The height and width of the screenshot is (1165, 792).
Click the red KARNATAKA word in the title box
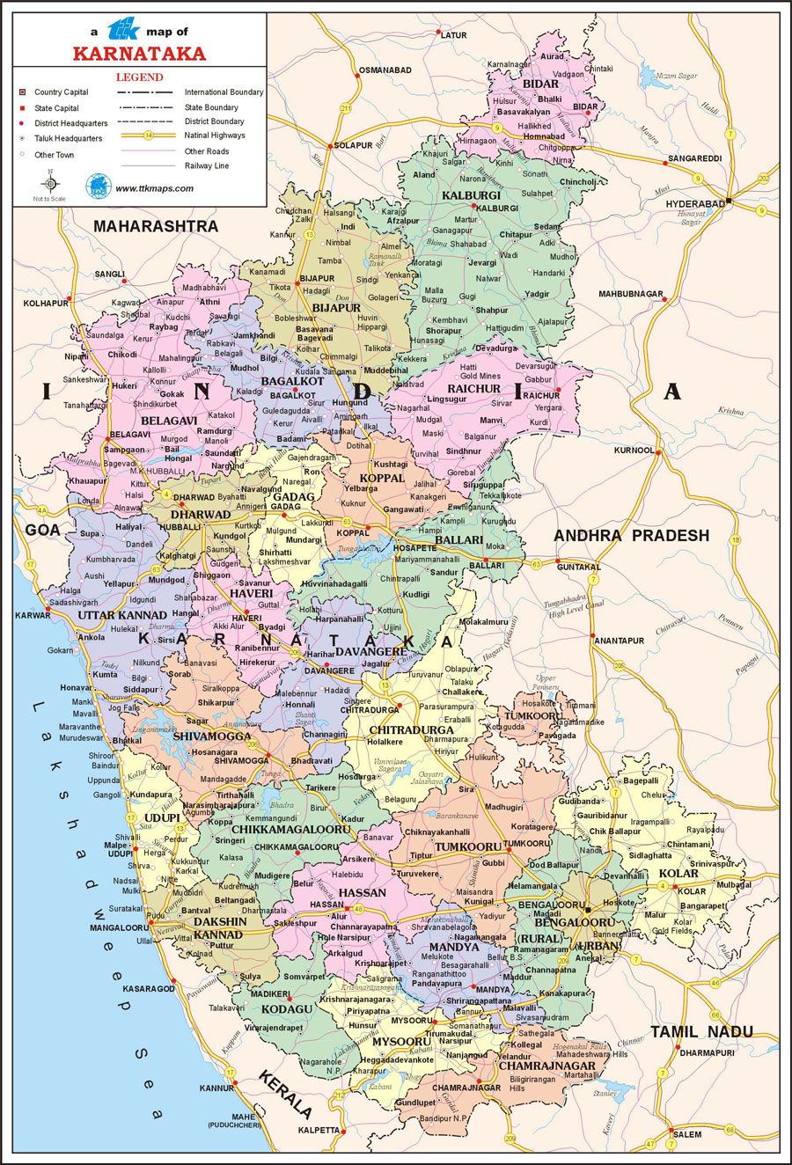tap(139, 54)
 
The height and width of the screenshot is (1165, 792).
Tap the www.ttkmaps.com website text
tap(154, 188)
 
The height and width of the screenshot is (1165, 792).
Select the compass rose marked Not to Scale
tap(50, 184)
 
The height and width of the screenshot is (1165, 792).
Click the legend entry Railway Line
tap(207, 165)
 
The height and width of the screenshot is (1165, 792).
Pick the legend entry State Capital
tap(56, 108)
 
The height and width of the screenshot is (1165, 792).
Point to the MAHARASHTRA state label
tap(156, 226)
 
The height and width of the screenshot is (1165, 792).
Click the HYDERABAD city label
tap(695, 204)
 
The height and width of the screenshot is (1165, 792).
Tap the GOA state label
tap(42, 530)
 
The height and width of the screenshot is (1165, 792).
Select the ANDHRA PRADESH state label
tap(631, 535)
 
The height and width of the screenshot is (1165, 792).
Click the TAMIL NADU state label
tap(701, 1031)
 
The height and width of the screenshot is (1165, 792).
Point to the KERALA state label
tap(284, 1094)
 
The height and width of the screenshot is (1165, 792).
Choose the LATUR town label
tap(453, 35)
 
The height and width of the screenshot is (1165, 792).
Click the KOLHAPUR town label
tap(46, 304)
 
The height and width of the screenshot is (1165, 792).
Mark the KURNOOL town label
tap(634, 451)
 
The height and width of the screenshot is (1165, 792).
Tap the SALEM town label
tap(687, 1134)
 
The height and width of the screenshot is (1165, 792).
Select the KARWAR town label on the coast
tap(33, 615)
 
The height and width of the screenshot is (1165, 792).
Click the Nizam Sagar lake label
tap(676, 76)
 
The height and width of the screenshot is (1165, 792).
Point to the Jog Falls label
tap(124, 707)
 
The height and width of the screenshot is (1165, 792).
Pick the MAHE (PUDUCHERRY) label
tap(235, 1121)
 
